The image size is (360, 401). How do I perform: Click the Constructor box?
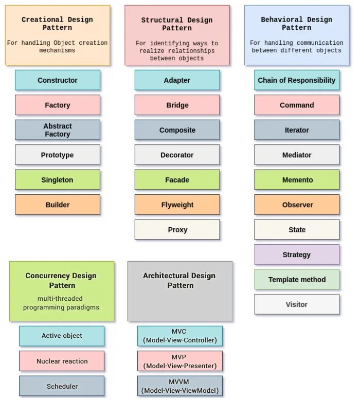point(58,80)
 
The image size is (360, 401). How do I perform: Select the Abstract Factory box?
point(58,130)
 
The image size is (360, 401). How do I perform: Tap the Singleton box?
point(58,180)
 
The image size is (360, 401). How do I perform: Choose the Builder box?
point(58,205)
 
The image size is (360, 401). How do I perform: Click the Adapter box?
point(177,80)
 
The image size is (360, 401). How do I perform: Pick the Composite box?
point(177,130)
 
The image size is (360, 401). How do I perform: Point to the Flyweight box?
point(177,205)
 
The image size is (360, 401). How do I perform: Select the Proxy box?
point(177,230)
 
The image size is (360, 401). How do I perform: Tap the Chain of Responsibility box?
point(297,80)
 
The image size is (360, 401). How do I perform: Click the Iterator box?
point(297,130)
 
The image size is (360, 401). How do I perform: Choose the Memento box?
point(297,180)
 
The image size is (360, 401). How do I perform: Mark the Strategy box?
point(297,254)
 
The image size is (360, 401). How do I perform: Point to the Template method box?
point(297,280)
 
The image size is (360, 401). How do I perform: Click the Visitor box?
point(297,304)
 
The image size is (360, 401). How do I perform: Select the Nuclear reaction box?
point(62,361)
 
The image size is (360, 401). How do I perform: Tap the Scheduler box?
point(62,386)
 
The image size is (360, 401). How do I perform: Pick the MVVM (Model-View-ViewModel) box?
point(180,386)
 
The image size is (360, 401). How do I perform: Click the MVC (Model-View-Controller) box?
point(180,336)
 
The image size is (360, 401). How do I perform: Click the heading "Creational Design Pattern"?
point(58,23)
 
